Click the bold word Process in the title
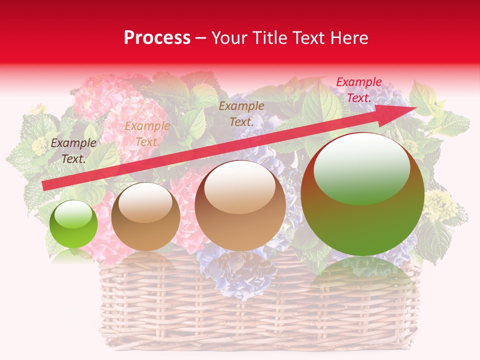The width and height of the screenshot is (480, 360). pyautogui.click(x=157, y=38)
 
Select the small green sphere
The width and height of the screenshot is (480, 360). pyautogui.click(x=74, y=224)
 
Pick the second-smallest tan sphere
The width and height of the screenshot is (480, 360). pyautogui.click(x=145, y=216)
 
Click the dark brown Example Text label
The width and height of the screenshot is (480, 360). pyautogui.click(x=73, y=151)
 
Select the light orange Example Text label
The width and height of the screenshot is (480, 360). pyautogui.click(x=147, y=134)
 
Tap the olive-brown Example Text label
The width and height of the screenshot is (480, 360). pyautogui.click(x=241, y=113)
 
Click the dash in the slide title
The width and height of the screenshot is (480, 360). pyautogui.click(x=201, y=38)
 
